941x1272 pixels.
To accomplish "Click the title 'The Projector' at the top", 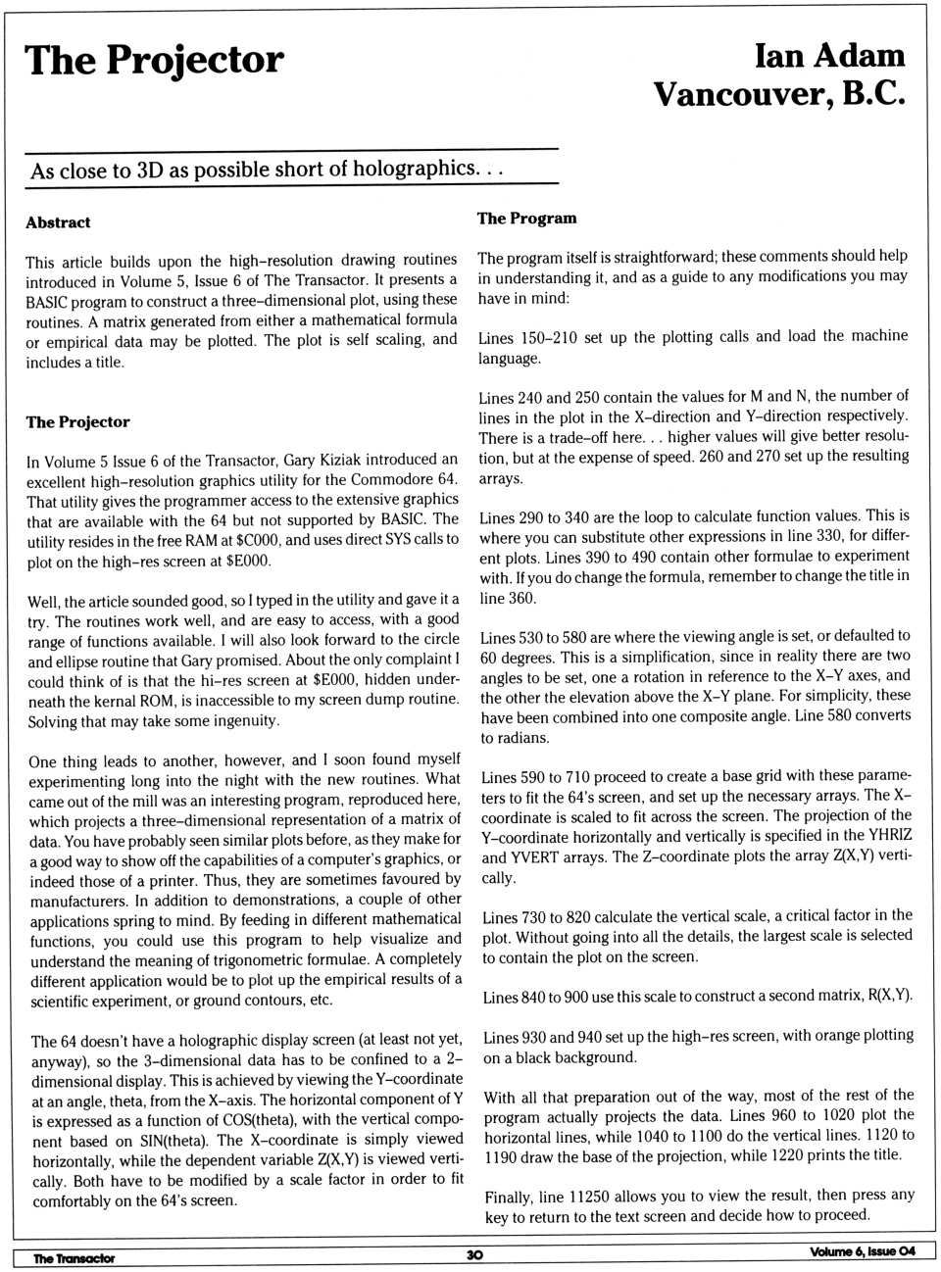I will pos(154,61).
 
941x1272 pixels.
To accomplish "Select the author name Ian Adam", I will pos(829,56).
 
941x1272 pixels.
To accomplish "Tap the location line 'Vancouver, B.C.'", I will pos(779,94).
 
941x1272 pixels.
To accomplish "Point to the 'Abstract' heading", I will pos(58,222).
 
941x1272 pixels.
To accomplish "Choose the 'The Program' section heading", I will pos(526,219).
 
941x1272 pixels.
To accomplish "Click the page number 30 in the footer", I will pos(474,1254).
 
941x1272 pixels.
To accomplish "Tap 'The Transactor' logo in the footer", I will pos(74,1258).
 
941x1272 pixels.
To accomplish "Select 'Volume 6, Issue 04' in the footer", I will pos(863,1251).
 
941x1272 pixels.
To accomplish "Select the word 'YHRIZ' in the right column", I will pos(888,836).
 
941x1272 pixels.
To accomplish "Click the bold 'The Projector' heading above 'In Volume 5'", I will pos(77,422).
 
